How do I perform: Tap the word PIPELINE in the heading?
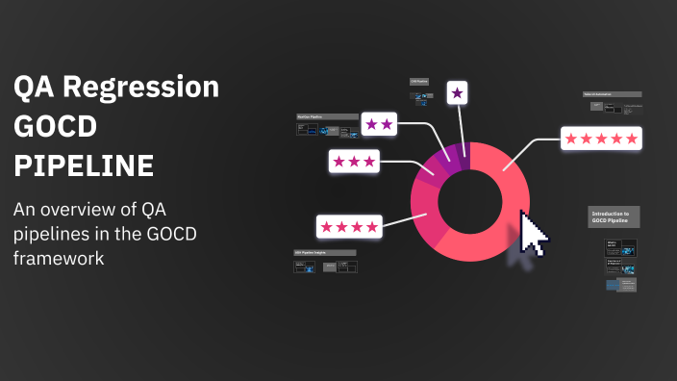pyautogui.click(x=84, y=165)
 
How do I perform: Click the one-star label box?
pyautogui.click(x=458, y=93)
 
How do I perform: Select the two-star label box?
pyautogui.click(x=379, y=123)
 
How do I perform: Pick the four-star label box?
pyautogui.click(x=348, y=226)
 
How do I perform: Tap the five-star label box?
pyautogui.click(x=601, y=139)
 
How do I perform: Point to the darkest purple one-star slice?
pyautogui.click(x=464, y=153)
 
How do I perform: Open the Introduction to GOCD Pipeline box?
pyautogui.click(x=614, y=216)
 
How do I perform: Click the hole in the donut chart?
pyautogui.click(x=470, y=201)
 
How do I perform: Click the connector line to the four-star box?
pyautogui.click(x=396, y=222)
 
